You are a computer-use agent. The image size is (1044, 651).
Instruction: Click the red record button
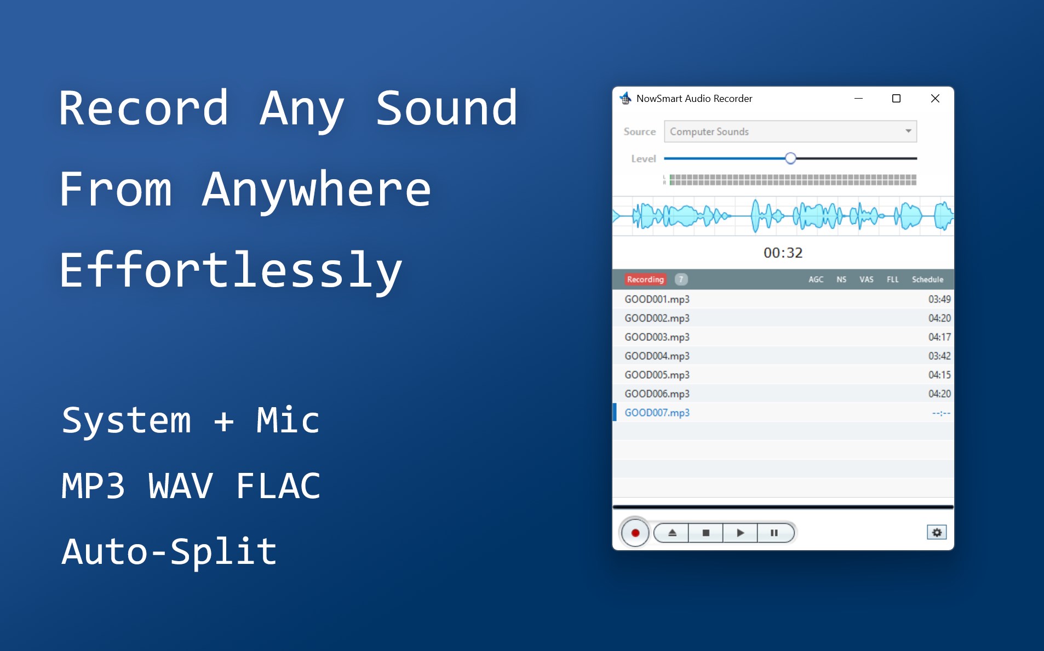pos(635,533)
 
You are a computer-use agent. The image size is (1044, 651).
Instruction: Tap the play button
pos(740,533)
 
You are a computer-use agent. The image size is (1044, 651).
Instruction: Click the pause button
pos(775,533)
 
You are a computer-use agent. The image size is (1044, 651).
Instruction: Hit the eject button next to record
pos(672,533)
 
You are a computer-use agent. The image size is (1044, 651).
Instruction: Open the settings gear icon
pos(937,532)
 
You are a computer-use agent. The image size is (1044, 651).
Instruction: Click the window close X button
pos(935,99)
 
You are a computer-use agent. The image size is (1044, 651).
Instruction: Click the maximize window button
pos(896,99)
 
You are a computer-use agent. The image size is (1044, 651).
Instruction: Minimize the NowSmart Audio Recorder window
pos(858,99)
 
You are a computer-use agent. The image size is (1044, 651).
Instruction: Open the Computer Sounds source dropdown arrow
pos(908,131)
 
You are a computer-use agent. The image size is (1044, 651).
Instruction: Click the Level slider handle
pos(790,158)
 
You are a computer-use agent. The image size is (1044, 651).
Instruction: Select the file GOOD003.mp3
pos(657,337)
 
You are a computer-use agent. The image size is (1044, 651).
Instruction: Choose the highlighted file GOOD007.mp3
pos(657,413)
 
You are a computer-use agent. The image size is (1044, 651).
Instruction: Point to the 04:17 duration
pos(939,337)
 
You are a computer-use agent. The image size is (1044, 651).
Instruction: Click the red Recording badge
pos(645,279)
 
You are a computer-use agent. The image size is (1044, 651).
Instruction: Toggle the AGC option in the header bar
pos(816,279)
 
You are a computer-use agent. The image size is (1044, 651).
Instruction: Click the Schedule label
pos(927,279)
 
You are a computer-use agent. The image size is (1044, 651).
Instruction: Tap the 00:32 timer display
pos(783,253)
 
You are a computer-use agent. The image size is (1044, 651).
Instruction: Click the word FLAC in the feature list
pos(278,486)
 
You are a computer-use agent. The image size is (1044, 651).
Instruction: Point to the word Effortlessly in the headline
pos(231,270)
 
